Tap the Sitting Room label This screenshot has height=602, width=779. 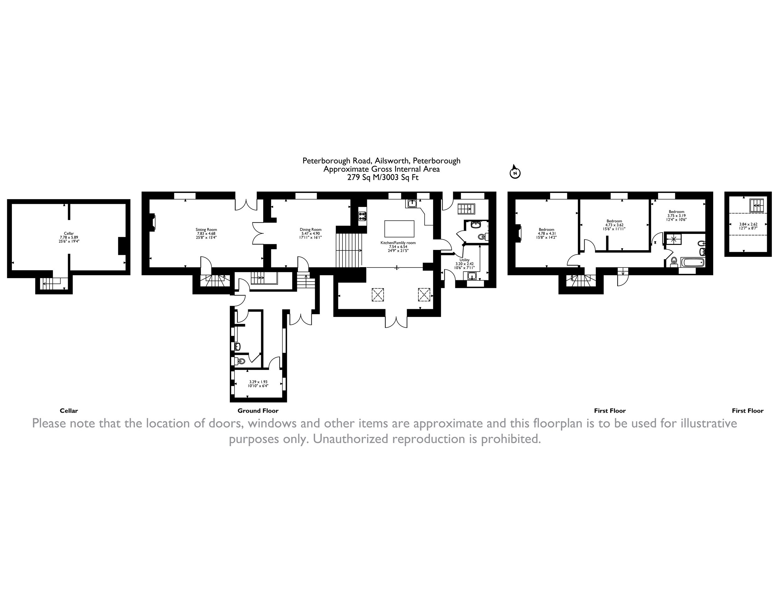coord(206,230)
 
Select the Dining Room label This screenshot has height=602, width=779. coord(311,230)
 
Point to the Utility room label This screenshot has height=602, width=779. coord(464,260)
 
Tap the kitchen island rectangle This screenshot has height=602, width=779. coord(400,229)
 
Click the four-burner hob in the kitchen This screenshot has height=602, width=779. coord(363,216)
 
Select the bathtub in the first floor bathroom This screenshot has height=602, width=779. coord(692,263)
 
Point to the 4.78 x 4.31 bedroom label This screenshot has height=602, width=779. coord(546,233)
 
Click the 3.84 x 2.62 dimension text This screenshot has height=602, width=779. coord(748,226)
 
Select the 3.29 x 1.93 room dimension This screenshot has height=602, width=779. coord(258,383)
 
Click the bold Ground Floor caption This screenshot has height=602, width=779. coord(258,410)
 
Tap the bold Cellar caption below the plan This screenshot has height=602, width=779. coord(69,410)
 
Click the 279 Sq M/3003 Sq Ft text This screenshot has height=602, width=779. coord(383,177)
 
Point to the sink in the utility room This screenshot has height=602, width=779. coord(472,276)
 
